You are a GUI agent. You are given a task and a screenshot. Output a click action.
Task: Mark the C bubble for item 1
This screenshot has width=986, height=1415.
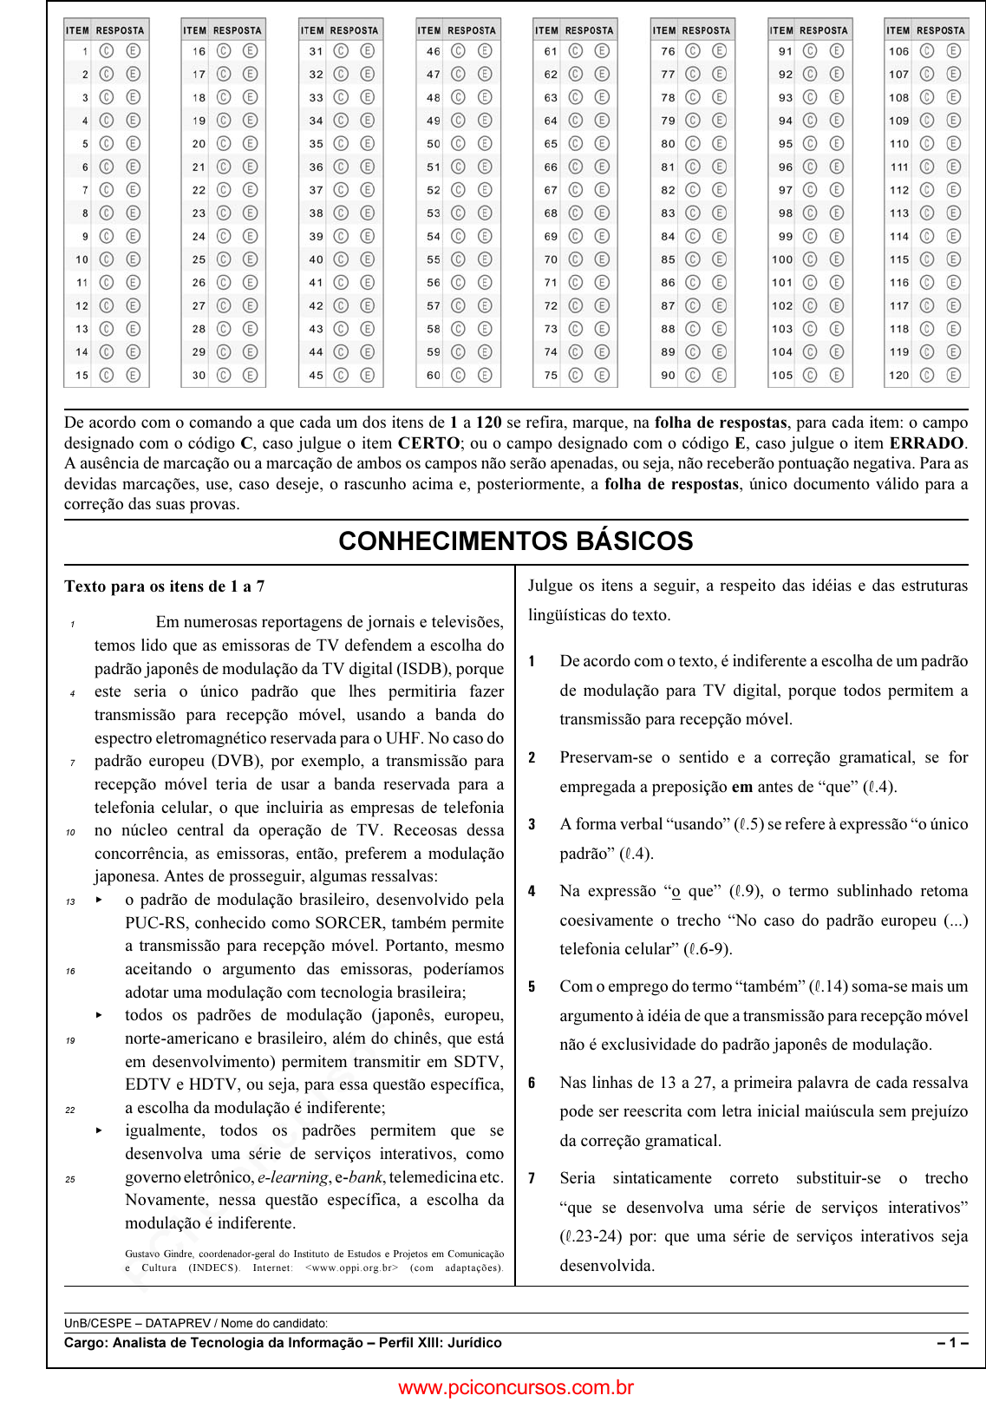point(107,51)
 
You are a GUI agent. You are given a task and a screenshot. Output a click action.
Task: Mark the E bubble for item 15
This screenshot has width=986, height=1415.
point(134,375)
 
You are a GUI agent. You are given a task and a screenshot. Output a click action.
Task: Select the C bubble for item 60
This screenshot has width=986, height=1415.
point(459,375)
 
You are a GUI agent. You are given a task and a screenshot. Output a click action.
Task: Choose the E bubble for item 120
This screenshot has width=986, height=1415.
point(954,375)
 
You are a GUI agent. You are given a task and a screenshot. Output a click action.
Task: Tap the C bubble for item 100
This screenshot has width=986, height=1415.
point(810,259)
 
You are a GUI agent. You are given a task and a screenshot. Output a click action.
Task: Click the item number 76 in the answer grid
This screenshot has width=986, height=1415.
point(668,51)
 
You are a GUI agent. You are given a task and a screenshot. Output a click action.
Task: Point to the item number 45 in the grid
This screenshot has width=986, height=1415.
point(316,376)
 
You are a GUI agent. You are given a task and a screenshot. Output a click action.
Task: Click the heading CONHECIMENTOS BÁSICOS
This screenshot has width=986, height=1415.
point(516,541)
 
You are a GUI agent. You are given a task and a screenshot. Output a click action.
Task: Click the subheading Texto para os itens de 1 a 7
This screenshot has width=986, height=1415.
point(165,586)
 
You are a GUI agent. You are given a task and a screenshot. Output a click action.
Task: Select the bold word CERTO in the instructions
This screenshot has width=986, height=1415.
point(428,443)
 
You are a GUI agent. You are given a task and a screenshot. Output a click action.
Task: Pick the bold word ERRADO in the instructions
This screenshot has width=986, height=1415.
point(927,443)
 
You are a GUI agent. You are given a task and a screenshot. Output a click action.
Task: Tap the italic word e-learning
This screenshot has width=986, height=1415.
point(293,1177)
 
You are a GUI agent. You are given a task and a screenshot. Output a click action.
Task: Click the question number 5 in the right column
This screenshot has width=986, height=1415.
point(532,987)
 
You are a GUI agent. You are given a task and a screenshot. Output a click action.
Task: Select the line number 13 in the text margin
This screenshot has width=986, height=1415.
point(70,901)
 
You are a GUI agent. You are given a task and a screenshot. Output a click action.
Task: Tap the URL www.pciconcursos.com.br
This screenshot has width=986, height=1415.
point(516,1388)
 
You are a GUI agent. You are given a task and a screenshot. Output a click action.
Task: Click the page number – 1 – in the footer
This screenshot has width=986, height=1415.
point(952,1343)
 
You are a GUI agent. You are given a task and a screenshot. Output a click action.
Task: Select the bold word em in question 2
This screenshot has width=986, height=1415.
point(742,787)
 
